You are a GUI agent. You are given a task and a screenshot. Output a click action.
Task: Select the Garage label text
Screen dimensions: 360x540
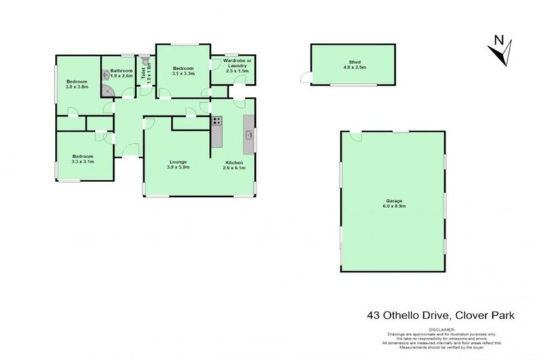[x=393, y=200]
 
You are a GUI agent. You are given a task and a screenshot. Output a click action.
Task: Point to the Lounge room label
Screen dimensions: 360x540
[x=178, y=161]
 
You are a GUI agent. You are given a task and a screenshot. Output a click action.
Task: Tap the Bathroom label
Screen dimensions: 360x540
[x=121, y=70]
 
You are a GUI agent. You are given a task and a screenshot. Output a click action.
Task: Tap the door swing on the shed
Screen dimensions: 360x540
[x=305, y=77]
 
